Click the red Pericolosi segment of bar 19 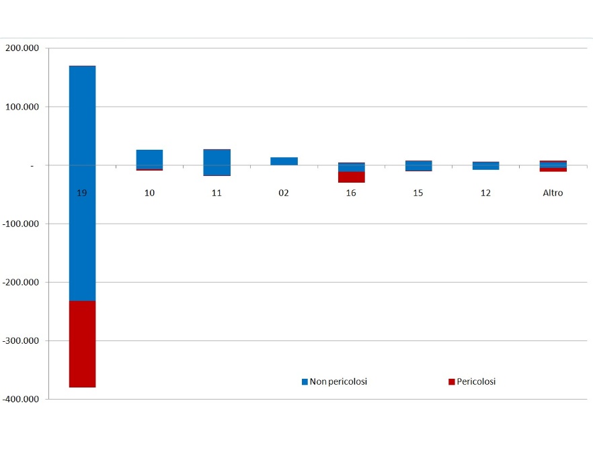(82, 344)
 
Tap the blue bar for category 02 (284, 161)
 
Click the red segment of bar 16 (351, 177)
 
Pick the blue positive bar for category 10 (149, 158)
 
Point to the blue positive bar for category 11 (216, 158)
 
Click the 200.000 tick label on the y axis (22, 48)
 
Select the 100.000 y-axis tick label (22, 107)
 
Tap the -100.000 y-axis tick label (21, 224)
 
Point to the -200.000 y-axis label (21, 282)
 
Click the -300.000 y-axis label (21, 340)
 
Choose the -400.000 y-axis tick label (21, 399)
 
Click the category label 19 (82, 193)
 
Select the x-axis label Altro (553, 193)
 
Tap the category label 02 (284, 193)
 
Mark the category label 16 (351, 193)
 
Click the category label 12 (485, 193)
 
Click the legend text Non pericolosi (338, 381)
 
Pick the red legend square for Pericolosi (451, 382)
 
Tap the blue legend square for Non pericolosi (305, 382)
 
